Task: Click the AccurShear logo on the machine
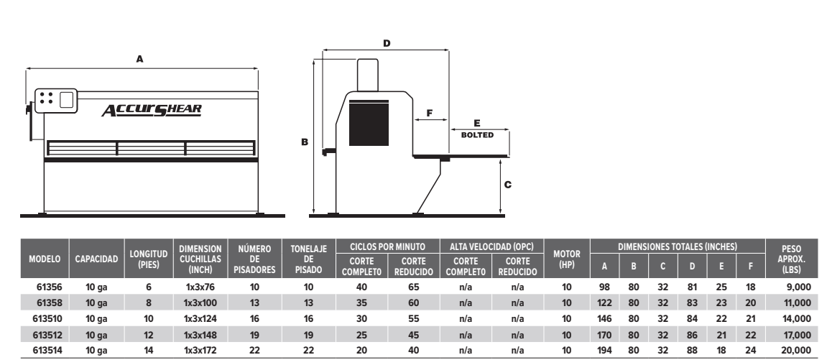click(x=152, y=109)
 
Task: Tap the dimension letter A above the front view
click(x=140, y=60)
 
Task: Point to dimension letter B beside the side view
click(x=305, y=143)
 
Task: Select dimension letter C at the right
click(x=507, y=185)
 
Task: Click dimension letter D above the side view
click(x=387, y=44)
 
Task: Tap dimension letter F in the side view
click(x=429, y=113)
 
